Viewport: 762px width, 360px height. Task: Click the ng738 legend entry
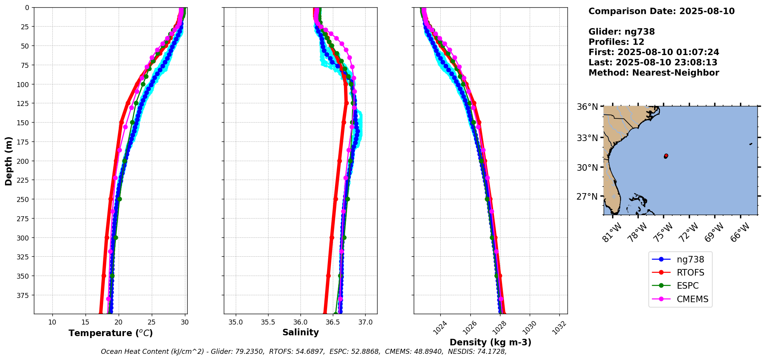[x=690, y=259]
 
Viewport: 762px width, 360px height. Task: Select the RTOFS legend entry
[x=690, y=273]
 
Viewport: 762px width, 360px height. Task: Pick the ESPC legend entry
[x=687, y=286]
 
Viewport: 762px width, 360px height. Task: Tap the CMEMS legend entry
[x=692, y=299]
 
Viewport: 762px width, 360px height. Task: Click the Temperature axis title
[x=111, y=333]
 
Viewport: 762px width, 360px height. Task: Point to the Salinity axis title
[x=300, y=332]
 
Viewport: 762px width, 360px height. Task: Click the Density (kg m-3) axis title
[x=490, y=342]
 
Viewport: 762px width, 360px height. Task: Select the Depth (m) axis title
[x=8, y=161]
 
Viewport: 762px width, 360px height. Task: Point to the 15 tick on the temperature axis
[x=86, y=322]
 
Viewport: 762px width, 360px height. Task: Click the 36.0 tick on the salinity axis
[x=300, y=322]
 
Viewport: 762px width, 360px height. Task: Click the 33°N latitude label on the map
[x=587, y=138]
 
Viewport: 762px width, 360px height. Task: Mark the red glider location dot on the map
[x=666, y=156]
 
